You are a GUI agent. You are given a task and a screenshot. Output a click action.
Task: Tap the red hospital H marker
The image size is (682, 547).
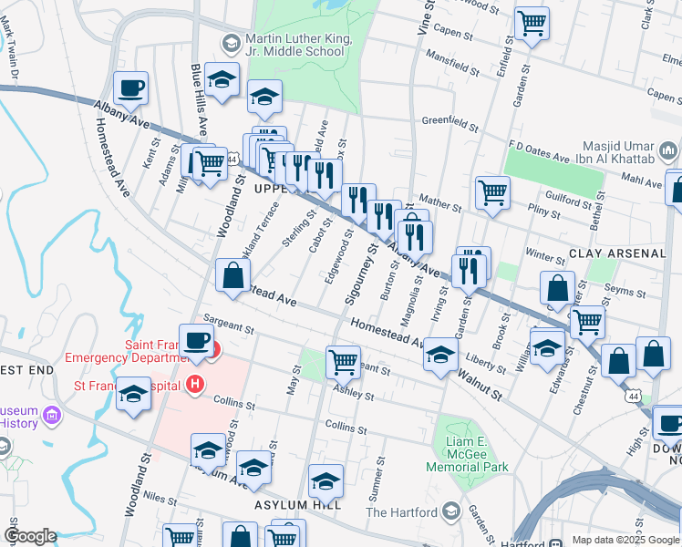[193, 386]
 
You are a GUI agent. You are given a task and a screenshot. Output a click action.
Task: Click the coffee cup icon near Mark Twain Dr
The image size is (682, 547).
[130, 88]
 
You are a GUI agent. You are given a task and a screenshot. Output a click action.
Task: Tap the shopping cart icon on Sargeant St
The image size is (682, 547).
[343, 362]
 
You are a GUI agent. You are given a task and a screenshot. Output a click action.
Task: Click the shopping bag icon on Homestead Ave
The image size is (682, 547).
[232, 275]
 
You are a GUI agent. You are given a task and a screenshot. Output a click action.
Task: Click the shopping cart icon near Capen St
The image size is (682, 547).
[532, 24]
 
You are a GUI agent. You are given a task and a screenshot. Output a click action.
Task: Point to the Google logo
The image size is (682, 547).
[30, 536]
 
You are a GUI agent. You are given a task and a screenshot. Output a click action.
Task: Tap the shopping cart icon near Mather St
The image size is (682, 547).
[492, 192]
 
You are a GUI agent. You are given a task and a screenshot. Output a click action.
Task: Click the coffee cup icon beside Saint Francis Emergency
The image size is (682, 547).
[195, 340]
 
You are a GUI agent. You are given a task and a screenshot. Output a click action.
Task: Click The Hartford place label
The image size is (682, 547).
[402, 512]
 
